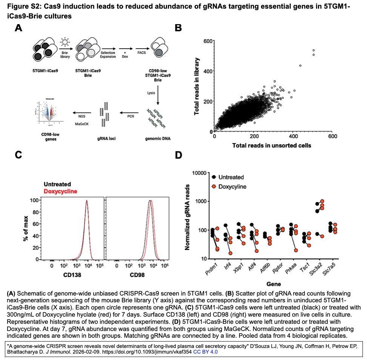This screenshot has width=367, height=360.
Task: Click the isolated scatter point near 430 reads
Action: (x=300, y=66)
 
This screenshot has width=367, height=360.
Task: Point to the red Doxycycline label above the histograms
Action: (x=60, y=191)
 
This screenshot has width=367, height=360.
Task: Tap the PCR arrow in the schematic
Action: (x=131, y=112)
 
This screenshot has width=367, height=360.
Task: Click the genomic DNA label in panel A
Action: (x=158, y=138)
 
